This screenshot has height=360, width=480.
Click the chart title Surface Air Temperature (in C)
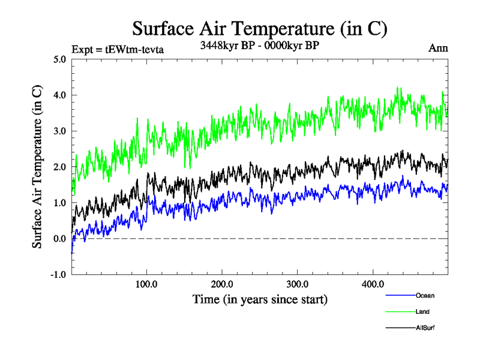click(x=259, y=29)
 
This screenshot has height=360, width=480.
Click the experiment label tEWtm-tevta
click(x=117, y=49)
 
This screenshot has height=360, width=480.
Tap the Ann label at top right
click(x=438, y=48)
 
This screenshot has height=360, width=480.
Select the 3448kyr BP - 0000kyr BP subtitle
click(x=259, y=44)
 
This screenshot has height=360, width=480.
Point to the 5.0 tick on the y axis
click(x=60, y=59)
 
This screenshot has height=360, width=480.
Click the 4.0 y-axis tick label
click(x=60, y=95)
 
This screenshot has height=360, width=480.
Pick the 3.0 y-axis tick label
click(x=60, y=131)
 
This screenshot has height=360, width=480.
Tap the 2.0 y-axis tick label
click(x=60, y=167)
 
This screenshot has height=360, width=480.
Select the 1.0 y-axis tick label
click(x=60, y=203)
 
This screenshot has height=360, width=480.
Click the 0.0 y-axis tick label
click(x=60, y=239)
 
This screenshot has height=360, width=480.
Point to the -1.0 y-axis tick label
click(x=58, y=275)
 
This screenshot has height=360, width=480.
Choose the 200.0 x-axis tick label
click(x=222, y=283)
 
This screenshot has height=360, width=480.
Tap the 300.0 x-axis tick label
click(x=298, y=283)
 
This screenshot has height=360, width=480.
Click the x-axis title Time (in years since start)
click(x=259, y=298)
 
